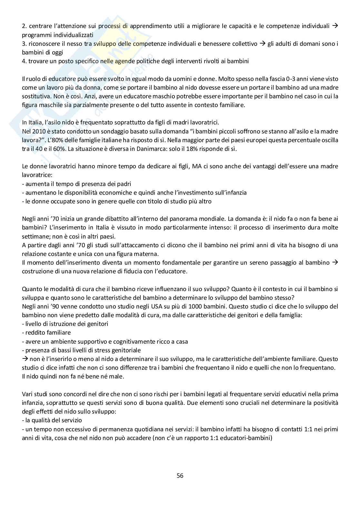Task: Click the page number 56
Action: click(180, 475)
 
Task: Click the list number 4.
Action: click(24, 61)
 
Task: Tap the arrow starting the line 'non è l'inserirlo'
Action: click(25, 359)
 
